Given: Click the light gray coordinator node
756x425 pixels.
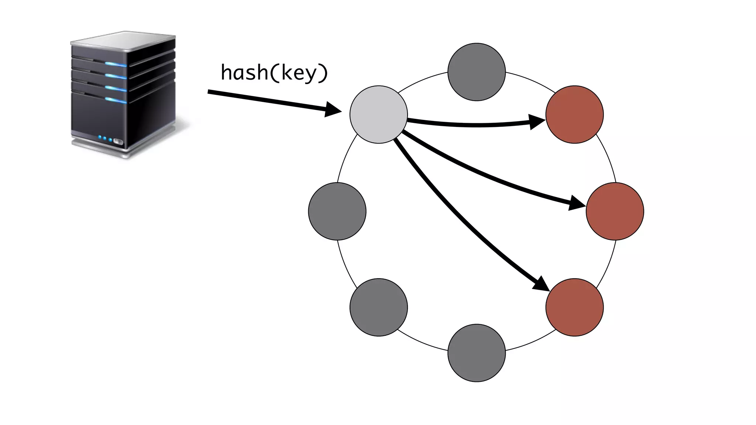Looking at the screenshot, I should click(378, 114).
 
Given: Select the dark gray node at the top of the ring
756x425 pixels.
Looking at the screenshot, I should click(476, 72).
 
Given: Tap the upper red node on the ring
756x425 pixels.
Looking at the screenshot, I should click(574, 114).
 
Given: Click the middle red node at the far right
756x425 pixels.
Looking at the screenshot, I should click(615, 211).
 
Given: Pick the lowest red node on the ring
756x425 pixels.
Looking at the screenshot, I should click(574, 307).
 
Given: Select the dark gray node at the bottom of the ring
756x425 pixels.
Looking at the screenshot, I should click(476, 353).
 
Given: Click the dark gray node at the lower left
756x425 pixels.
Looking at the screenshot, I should click(378, 307).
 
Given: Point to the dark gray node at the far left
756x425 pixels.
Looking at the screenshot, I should click(337, 211).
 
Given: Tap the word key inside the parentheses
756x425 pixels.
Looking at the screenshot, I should click(299, 73).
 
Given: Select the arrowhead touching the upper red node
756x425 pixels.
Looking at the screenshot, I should click(536, 122).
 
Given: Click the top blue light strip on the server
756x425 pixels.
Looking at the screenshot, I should click(116, 65).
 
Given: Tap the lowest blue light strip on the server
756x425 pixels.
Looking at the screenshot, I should click(116, 100).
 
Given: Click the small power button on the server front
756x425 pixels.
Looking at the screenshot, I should click(118, 141).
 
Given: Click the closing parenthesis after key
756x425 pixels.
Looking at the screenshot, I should click(323, 73).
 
